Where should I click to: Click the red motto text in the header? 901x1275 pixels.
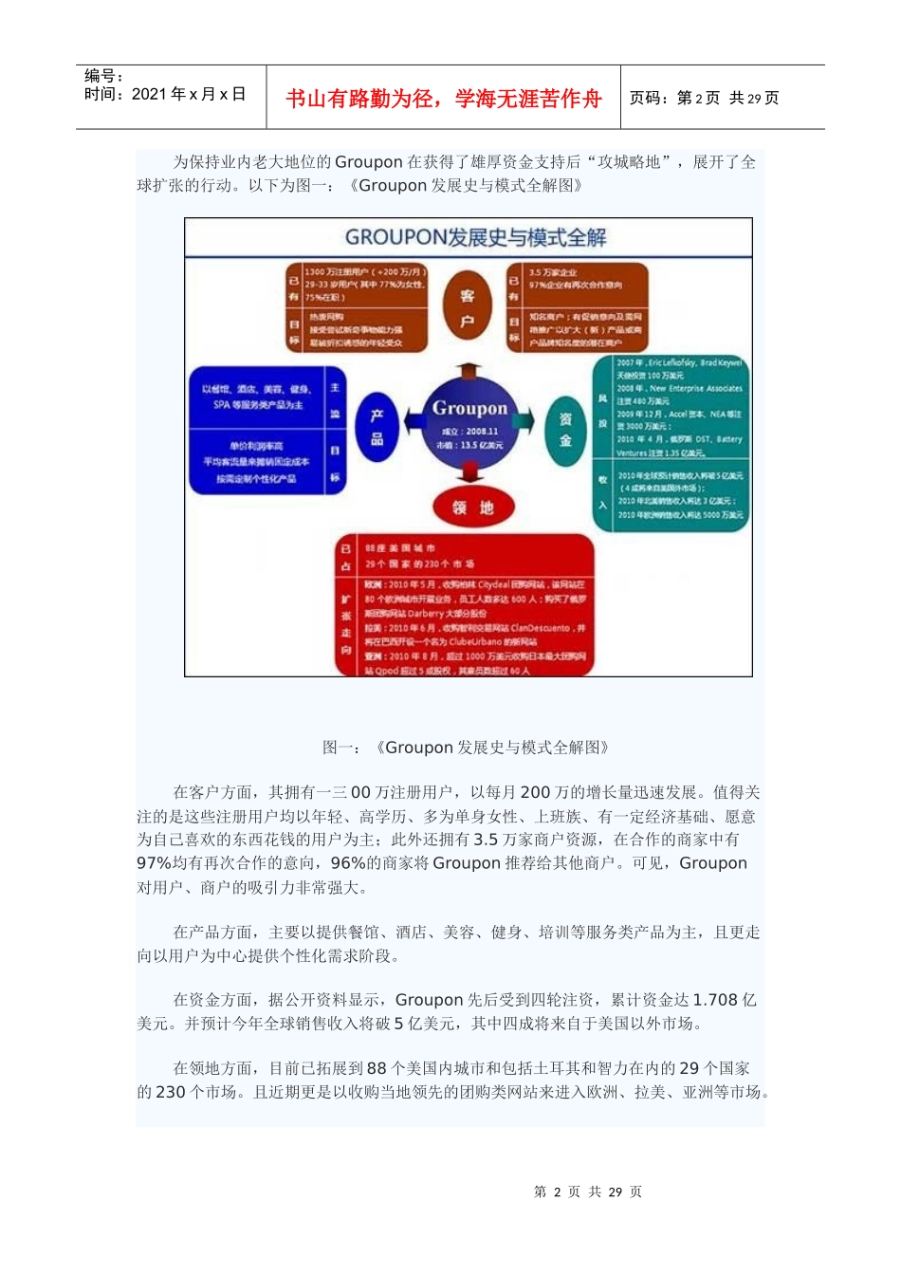[443, 99]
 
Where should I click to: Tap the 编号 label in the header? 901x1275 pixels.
[103, 76]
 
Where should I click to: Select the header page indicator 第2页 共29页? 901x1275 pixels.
[704, 98]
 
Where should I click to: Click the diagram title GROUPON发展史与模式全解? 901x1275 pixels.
[475, 237]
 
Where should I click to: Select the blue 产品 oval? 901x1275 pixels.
[377, 427]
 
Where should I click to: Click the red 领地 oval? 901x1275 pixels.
[472, 508]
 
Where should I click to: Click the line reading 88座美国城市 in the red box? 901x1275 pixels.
[399, 548]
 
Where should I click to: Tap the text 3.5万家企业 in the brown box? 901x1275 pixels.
[552, 272]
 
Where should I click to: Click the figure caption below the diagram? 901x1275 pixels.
[466, 748]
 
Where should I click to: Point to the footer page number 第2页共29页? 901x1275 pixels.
[588, 1192]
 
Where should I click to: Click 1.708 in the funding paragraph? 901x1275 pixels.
[714, 1000]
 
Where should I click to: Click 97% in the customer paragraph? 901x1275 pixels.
[155, 863]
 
